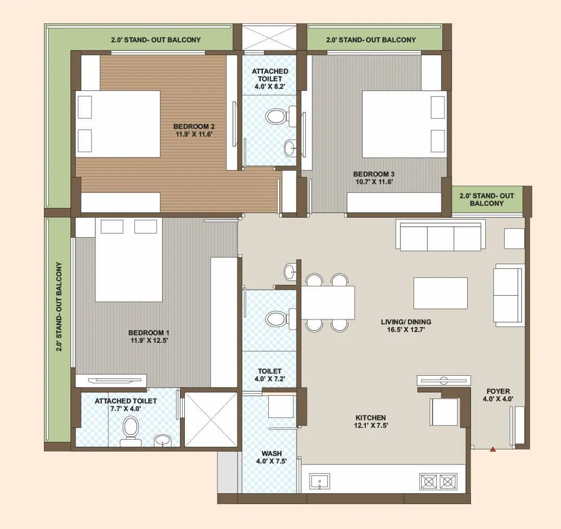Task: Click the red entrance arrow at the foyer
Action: point(493,448)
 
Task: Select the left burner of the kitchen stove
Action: point(429,481)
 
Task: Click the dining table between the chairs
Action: point(327,303)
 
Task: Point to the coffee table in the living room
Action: point(440,293)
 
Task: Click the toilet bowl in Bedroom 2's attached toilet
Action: point(276,116)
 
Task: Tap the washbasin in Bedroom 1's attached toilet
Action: point(162,440)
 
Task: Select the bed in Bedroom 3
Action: point(404,124)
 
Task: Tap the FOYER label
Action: point(498,391)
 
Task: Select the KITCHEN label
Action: point(371,417)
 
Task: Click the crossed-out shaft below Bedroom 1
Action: point(211,420)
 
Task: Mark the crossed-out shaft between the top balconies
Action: point(269,37)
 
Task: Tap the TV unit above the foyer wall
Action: point(442,380)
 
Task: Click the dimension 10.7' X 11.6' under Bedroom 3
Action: point(373,182)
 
